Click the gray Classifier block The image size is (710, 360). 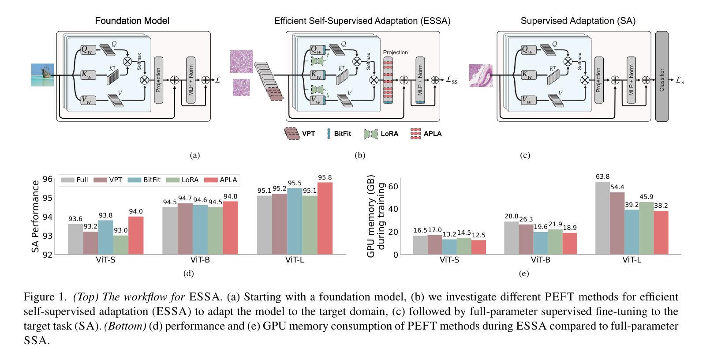pyautogui.click(x=661, y=76)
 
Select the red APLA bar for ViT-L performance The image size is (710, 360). pyautogui.click(x=325, y=218)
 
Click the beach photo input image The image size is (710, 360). pyautogui.click(x=43, y=75)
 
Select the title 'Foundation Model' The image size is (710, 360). pyautogui.click(x=132, y=21)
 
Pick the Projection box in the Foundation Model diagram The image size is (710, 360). pyautogui.click(x=158, y=80)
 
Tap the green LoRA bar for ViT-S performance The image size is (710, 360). pyautogui.click(x=120, y=245)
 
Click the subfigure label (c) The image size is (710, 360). pyautogui.click(x=525, y=155)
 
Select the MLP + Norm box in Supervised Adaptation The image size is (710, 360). pyautogui.click(x=631, y=80)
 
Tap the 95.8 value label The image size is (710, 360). pyautogui.click(x=325, y=178)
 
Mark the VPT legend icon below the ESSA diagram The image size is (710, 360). pyautogui.click(x=291, y=134)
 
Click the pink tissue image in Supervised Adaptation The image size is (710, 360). pyautogui.click(x=480, y=75)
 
